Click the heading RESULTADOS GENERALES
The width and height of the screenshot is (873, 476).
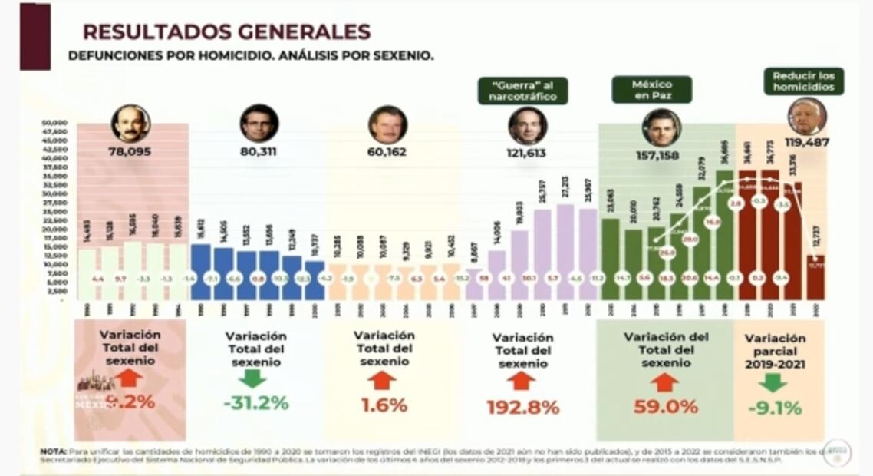click(x=226, y=31)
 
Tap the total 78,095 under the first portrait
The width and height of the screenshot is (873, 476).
click(x=130, y=152)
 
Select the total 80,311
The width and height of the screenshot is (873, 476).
click(x=258, y=152)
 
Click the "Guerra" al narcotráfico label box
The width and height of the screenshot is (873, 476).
click(x=524, y=91)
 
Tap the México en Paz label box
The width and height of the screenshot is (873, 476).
click(x=651, y=90)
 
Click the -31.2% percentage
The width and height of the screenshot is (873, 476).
click(x=257, y=402)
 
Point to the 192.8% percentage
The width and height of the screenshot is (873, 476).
click(x=522, y=408)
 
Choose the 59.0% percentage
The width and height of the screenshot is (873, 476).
click(x=665, y=406)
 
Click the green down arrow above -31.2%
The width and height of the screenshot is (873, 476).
click(x=252, y=378)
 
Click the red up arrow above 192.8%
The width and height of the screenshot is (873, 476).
click(x=522, y=381)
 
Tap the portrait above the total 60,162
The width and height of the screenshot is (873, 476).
click(x=387, y=124)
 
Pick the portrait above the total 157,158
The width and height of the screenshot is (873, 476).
click(x=661, y=127)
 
